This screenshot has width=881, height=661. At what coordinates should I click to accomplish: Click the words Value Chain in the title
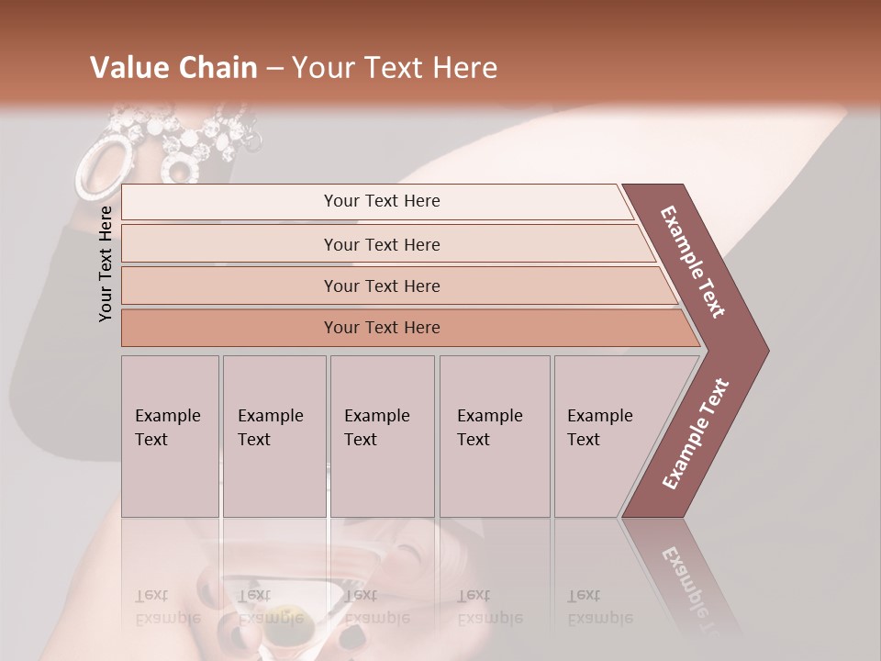(173, 68)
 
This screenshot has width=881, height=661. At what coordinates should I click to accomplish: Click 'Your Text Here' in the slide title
(395, 68)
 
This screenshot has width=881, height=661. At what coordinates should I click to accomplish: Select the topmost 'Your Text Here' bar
(382, 201)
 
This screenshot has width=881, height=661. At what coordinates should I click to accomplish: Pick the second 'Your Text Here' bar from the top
(382, 244)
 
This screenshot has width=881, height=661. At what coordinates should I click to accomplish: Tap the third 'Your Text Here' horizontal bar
(382, 286)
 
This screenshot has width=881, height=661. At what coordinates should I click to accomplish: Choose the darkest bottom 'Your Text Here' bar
(382, 328)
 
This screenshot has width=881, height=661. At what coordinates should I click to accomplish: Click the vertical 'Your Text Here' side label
(106, 263)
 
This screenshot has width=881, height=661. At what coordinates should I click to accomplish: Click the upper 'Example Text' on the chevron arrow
(693, 262)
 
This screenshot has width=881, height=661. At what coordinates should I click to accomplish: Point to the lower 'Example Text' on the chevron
(695, 434)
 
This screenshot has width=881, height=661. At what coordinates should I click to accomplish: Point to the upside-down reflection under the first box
(169, 607)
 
